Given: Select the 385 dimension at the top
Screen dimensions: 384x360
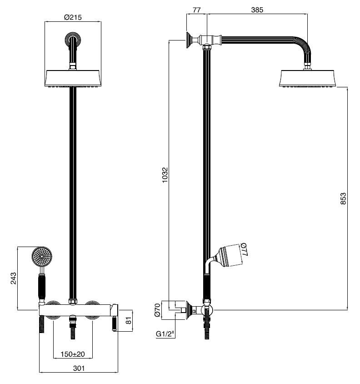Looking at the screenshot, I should pos(257,10).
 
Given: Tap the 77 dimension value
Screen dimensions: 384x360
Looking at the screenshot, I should pos(197,10).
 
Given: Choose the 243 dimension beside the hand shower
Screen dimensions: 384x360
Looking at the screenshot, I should pos(14,278).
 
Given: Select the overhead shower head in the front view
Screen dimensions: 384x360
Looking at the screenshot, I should pos(73,79).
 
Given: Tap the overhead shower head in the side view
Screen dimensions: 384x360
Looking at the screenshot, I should pos(309,79).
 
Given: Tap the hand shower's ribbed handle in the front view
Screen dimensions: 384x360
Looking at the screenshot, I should pos(42,287).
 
